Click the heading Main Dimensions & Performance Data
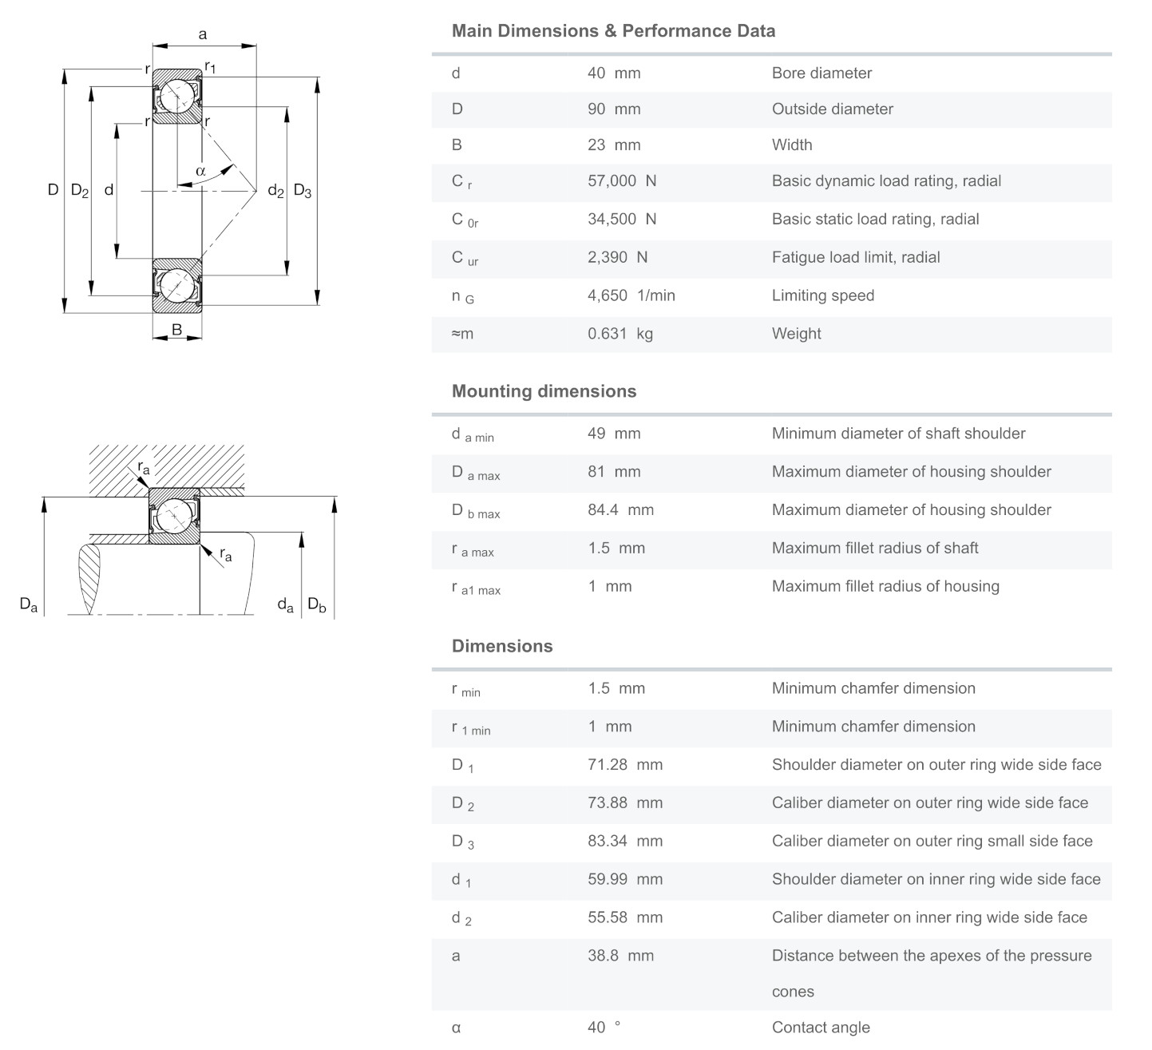[x=613, y=31]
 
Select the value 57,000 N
[x=622, y=181]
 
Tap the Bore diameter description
[x=821, y=73]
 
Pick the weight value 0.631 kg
[x=620, y=334]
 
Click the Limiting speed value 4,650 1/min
[x=631, y=295]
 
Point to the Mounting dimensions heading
[x=544, y=391]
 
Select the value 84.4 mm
[x=620, y=510]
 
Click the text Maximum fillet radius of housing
[x=885, y=586]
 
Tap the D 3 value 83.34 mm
[x=625, y=841]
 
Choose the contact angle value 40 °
[x=604, y=1027]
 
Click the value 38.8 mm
[x=620, y=956]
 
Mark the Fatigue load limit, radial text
[x=856, y=257]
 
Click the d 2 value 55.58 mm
[x=625, y=917]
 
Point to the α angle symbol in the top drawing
[x=200, y=171]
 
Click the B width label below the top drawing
[x=176, y=329]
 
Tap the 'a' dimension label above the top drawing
[x=203, y=34]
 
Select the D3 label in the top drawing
[x=303, y=191]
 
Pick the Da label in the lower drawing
[x=29, y=604]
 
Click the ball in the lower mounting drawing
[x=174, y=516]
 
